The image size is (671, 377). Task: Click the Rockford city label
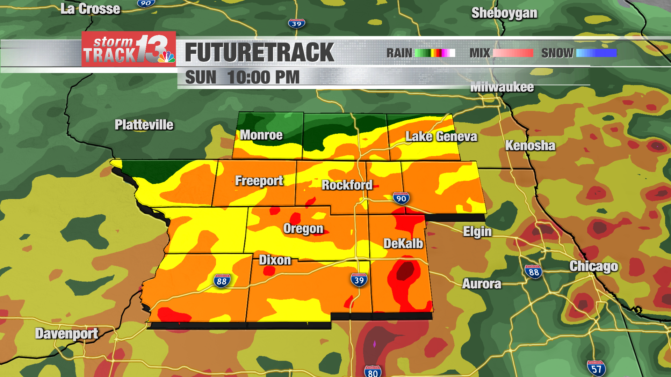click(x=347, y=185)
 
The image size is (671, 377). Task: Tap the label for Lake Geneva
click(x=441, y=136)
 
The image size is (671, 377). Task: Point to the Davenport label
click(x=66, y=334)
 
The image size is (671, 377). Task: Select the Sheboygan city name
click(x=504, y=13)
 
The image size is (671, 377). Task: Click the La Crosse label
click(x=90, y=9)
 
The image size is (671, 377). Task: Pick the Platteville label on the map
click(x=144, y=125)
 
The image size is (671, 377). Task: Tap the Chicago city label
click(x=593, y=266)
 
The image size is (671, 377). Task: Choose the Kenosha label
click(x=530, y=146)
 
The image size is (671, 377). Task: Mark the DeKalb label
click(x=403, y=244)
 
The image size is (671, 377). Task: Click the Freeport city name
click(x=259, y=181)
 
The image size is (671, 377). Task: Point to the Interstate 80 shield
click(x=373, y=371)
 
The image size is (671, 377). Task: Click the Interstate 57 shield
click(x=596, y=368)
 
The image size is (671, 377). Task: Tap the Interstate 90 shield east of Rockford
click(x=401, y=198)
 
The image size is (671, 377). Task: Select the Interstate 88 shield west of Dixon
click(x=222, y=281)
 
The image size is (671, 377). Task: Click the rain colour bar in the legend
click(x=435, y=53)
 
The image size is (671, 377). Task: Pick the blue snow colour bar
click(x=596, y=53)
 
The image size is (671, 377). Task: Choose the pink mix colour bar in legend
click(x=512, y=53)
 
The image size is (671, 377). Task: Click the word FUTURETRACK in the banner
click(x=259, y=53)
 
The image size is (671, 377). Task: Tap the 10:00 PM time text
click(x=263, y=77)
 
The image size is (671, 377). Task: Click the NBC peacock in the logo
click(x=166, y=57)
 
